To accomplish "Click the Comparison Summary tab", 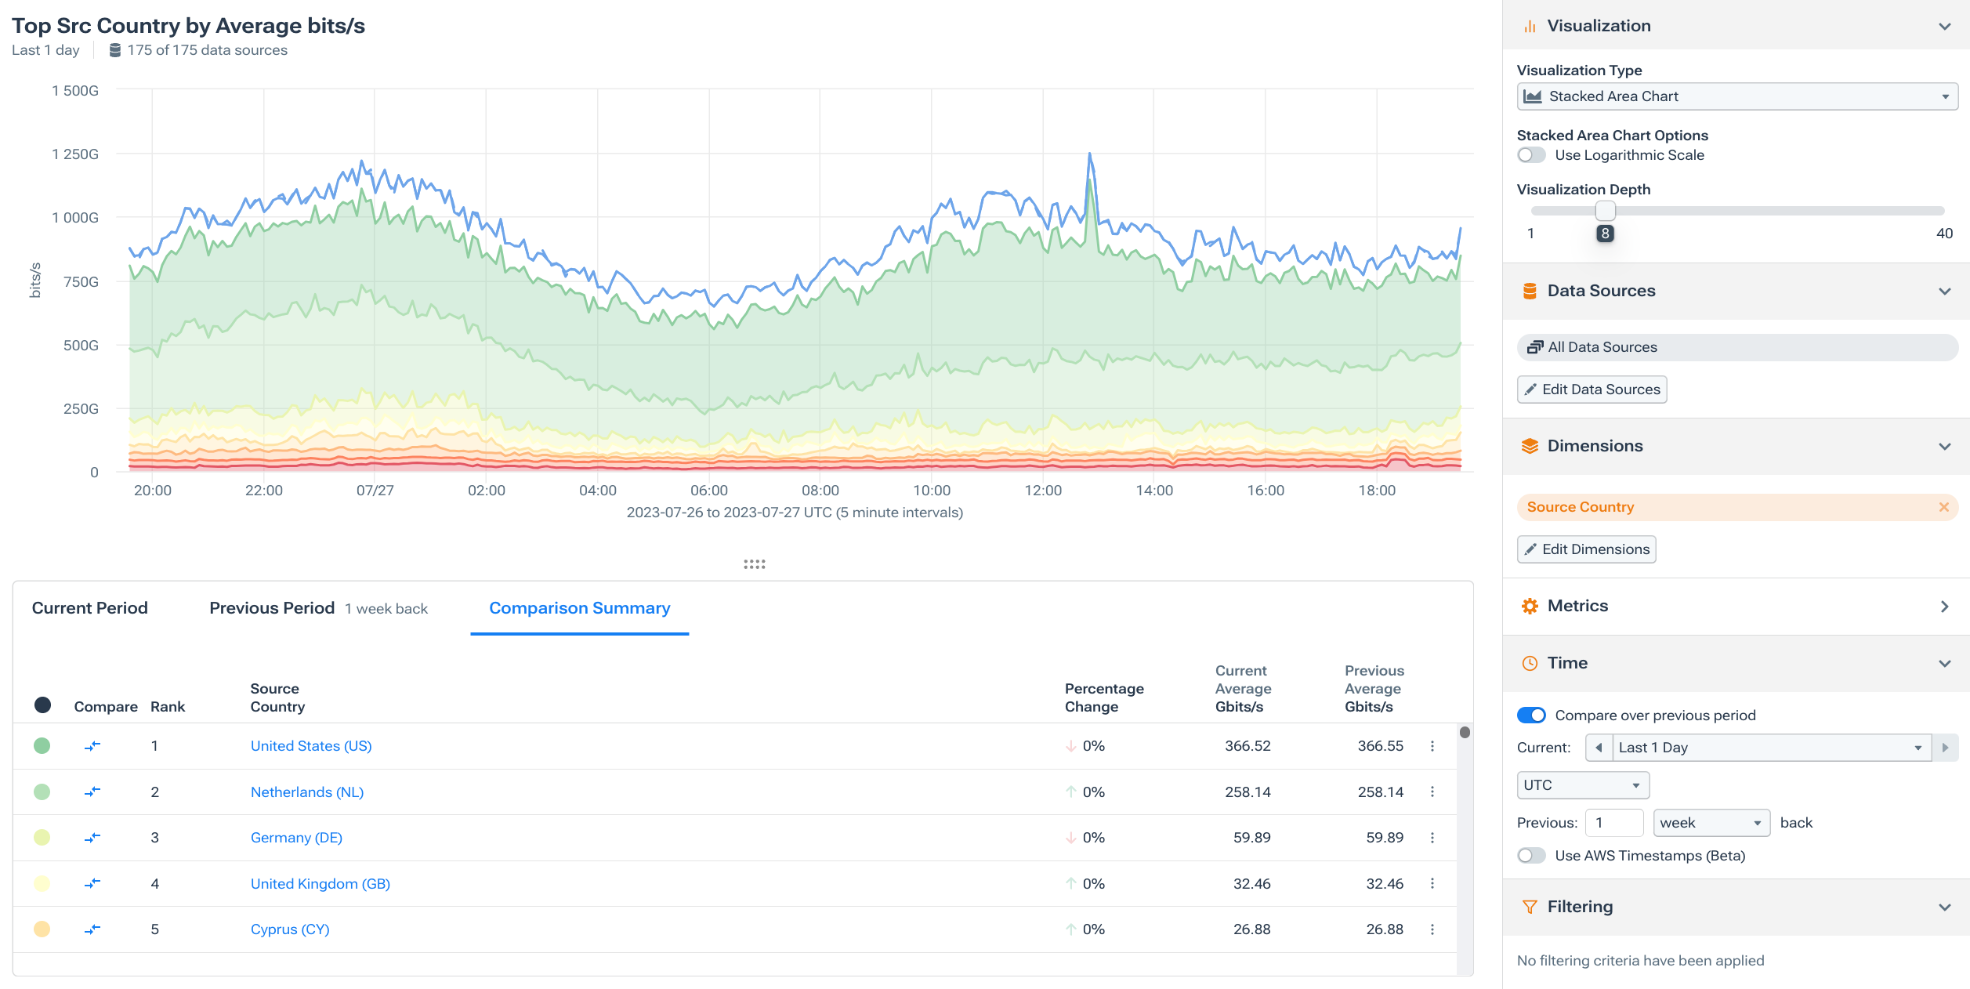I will pyautogui.click(x=579, y=608).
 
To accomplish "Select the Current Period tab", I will pyautogui.click(x=89, y=608).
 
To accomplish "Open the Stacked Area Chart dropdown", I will pyautogui.click(x=1736, y=96).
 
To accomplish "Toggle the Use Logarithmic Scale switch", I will pyautogui.click(x=1531, y=155).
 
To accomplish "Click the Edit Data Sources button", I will pyautogui.click(x=1592, y=389).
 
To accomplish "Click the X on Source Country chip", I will pyautogui.click(x=1943, y=507).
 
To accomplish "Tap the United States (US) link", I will pyautogui.click(x=310, y=746).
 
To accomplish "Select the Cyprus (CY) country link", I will pyautogui.click(x=289, y=929).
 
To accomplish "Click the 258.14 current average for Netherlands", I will pyautogui.click(x=1248, y=792).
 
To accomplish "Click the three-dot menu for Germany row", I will pyautogui.click(x=1432, y=838).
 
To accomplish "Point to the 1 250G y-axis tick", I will pyautogui.click(x=75, y=154).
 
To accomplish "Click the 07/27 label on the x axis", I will pyautogui.click(x=375, y=491).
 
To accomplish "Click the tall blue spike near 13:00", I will pyautogui.click(x=1089, y=156).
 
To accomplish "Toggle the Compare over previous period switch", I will pyautogui.click(x=1531, y=715).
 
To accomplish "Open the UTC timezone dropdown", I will pyautogui.click(x=1582, y=785).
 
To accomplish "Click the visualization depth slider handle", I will pyautogui.click(x=1605, y=211).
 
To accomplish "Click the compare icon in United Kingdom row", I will pyautogui.click(x=92, y=884).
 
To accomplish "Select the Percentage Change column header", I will pyautogui.click(x=1103, y=697).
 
